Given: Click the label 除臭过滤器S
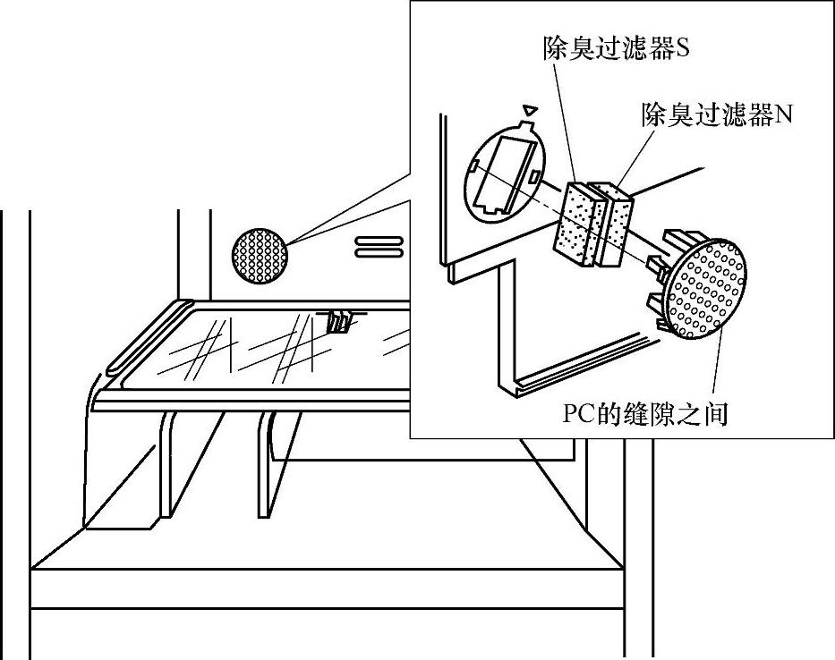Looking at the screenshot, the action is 616,49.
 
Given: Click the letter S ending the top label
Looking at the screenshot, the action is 682,49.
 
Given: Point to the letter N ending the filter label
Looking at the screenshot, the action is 785,115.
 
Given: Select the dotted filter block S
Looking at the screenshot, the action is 578,223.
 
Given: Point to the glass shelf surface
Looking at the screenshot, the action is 268,349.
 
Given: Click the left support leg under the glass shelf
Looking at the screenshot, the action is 166,465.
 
